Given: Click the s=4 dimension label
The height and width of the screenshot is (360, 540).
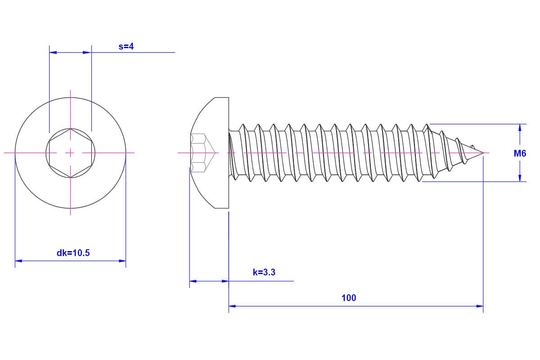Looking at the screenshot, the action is tap(126, 46).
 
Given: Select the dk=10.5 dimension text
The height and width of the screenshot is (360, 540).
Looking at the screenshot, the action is tap(73, 253).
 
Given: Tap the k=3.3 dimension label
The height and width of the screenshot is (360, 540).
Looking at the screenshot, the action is tap(264, 272).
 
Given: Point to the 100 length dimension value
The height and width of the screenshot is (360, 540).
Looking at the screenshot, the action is tap(349, 298).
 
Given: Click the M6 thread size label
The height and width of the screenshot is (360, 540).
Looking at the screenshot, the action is tap(520, 153).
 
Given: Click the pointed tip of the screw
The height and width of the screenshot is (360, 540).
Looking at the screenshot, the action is tap(483, 153).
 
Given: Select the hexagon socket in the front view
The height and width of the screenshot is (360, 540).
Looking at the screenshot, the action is tap(70, 153).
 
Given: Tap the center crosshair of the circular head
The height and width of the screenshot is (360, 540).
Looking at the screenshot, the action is tap(70, 153).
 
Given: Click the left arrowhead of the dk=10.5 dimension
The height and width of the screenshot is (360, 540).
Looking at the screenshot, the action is tap(18, 261).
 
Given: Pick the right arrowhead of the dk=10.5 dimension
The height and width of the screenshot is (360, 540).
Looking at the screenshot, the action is tap(122, 261).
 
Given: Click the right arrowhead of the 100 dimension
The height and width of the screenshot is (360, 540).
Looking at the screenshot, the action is tap(480, 306).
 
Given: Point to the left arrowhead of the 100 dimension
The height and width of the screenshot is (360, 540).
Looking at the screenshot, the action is tap(232, 306).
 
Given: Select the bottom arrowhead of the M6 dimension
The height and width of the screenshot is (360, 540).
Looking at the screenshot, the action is tap(520, 178).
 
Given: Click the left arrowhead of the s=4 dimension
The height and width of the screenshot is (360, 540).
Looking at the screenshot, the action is tap(53, 52).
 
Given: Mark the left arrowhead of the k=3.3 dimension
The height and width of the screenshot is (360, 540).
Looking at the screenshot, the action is tap(193, 281).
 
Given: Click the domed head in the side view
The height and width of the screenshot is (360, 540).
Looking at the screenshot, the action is tap(209, 153).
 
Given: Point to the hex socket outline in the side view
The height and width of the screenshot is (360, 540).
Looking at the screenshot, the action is tap(202, 153).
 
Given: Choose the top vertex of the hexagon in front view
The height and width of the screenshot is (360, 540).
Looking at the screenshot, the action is tap(70, 128).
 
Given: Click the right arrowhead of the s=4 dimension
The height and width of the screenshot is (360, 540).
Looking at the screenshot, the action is tap(88, 52).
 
